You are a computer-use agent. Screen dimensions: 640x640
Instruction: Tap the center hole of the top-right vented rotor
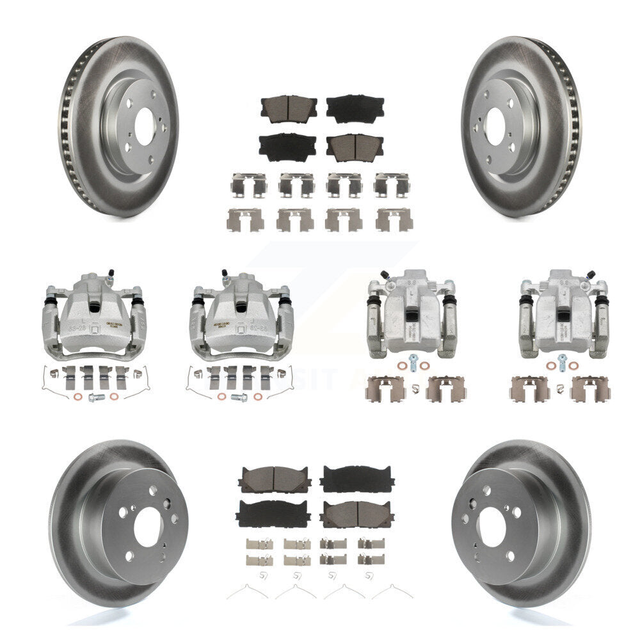click(x=495, y=122)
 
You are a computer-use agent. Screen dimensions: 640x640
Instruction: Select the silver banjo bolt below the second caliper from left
click(x=241, y=397)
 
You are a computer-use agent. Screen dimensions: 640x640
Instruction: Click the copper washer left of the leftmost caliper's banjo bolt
click(x=83, y=397)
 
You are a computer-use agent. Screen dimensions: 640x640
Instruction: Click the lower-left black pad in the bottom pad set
click(x=273, y=513)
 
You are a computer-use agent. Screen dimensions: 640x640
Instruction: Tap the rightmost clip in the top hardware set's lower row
click(x=394, y=220)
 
